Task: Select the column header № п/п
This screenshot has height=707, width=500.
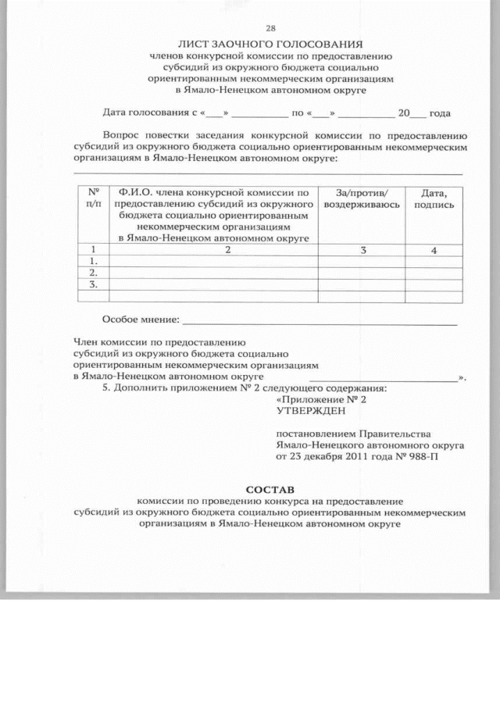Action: point(94,197)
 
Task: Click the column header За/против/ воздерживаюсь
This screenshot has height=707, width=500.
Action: point(362,197)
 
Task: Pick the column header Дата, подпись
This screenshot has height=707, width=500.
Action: point(434,197)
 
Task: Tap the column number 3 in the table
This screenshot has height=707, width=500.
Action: point(362,250)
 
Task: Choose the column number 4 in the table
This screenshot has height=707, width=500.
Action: point(434,250)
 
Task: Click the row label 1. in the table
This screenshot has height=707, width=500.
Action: point(94,261)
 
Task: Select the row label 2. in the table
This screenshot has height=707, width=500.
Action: point(94,273)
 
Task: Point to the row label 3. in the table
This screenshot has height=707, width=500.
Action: point(94,284)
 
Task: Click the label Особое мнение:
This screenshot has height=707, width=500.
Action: point(141,320)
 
